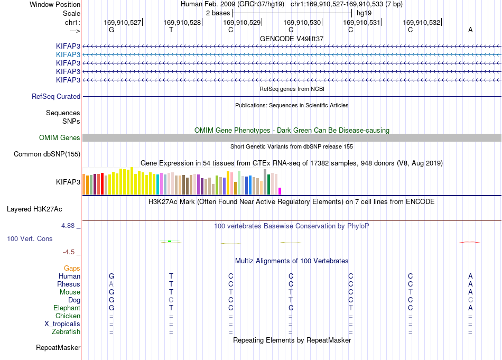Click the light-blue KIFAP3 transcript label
(x=68, y=55)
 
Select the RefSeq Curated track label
(x=56, y=96)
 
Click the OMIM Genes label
(x=60, y=138)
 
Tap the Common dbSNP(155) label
(x=47, y=154)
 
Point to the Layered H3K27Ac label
(x=34, y=209)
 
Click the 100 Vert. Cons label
(x=30, y=238)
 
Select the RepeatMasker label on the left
(x=58, y=347)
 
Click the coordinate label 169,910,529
(x=241, y=22)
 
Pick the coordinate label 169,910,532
(x=422, y=22)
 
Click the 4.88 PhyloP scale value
(x=68, y=226)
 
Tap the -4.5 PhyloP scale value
(x=69, y=252)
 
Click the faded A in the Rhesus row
(x=111, y=284)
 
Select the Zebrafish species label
(x=66, y=332)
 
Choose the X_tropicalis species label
(x=62, y=324)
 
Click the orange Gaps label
(x=72, y=268)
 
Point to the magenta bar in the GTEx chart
(x=280, y=191)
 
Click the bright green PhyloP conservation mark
(x=170, y=241)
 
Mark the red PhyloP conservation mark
(x=470, y=242)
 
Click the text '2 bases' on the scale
(x=218, y=13)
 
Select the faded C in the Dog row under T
(x=171, y=300)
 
